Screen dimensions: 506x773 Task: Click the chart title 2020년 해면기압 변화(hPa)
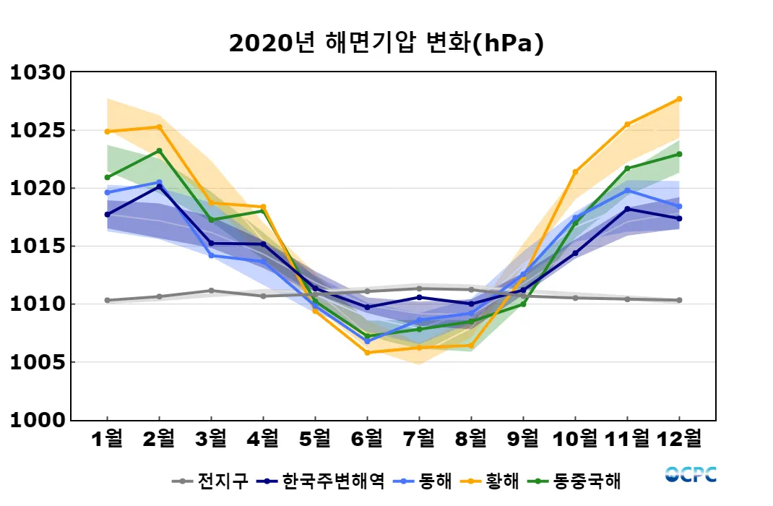[x=386, y=44]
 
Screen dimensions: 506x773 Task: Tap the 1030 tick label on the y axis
[x=38, y=73]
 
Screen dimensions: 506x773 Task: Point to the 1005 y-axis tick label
[x=38, y=362]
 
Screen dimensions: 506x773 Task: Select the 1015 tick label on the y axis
[x=38, y=246]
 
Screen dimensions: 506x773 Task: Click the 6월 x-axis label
[x=367, y=438]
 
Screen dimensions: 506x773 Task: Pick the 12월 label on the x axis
[x=678, y=438]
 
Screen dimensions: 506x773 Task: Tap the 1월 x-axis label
[x=108, y=438]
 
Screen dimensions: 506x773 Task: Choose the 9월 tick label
[x=523, y=438]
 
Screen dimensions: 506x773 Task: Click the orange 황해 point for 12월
[x=679, y=99]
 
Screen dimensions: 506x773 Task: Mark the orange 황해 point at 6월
[x=367, y=353]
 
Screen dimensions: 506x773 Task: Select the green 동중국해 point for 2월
[x=159, y=151]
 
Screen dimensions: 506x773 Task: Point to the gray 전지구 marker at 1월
[x=108, y=300]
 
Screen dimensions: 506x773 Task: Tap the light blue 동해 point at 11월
[x=627, y=190]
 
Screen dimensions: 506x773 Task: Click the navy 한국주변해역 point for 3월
[x=211, y=244]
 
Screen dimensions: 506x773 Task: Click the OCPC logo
[x=691, y=475]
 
